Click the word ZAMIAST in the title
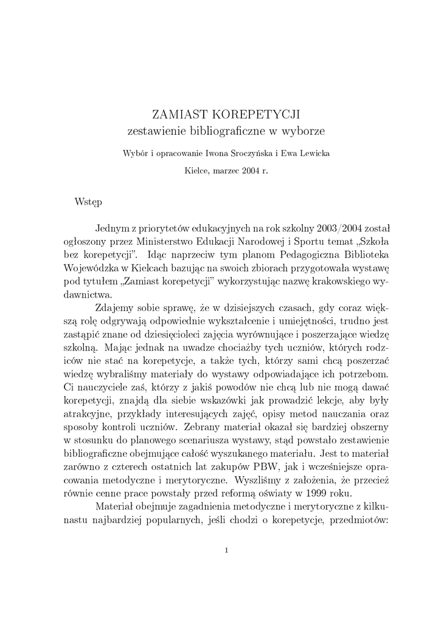click(175, 114)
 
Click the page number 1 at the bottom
click(226, 550)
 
